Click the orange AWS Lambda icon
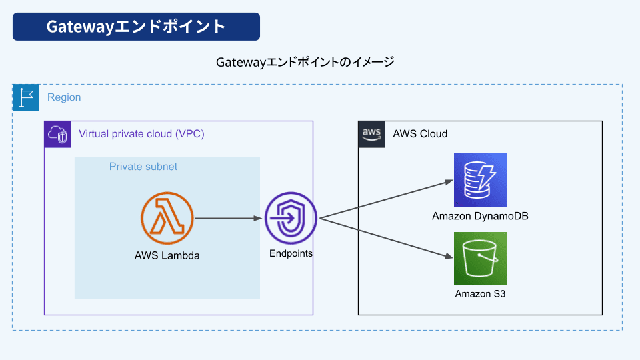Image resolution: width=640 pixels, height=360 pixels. tap(167, 219)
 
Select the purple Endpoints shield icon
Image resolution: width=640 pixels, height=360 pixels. tap(291, 219)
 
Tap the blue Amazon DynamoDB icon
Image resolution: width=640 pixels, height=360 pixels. tap(481, 180)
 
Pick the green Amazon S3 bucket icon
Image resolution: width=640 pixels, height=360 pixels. tap(481, 259)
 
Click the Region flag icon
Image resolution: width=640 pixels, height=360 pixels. tap(26, 97)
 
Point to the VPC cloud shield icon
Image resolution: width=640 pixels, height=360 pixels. tap(57, 134)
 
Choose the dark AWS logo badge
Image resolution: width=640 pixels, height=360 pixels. tap(371, 134)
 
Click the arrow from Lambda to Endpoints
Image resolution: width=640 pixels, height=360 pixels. tap(228, 219)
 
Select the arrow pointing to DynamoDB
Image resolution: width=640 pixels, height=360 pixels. tap(387, 199)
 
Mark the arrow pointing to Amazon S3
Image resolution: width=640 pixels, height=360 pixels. tap(387, 238)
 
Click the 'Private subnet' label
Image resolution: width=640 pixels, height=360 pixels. tap(143, 167)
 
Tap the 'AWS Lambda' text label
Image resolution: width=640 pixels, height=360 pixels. tap(167, 255)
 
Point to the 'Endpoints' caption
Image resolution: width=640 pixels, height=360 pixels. tap(291, 253)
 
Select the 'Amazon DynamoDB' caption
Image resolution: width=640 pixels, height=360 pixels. tap(481, 216)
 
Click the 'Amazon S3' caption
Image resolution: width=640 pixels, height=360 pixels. tap(481, 294)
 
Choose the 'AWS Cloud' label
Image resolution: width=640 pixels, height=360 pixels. tap(420, 134)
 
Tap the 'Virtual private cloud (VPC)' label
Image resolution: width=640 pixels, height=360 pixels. tap(141, 134)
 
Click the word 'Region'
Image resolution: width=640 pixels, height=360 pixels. tap(64, 97)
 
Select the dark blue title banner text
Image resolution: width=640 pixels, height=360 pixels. tap(136, 27)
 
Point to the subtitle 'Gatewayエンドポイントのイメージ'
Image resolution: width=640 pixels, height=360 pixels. tap(305, 62)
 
